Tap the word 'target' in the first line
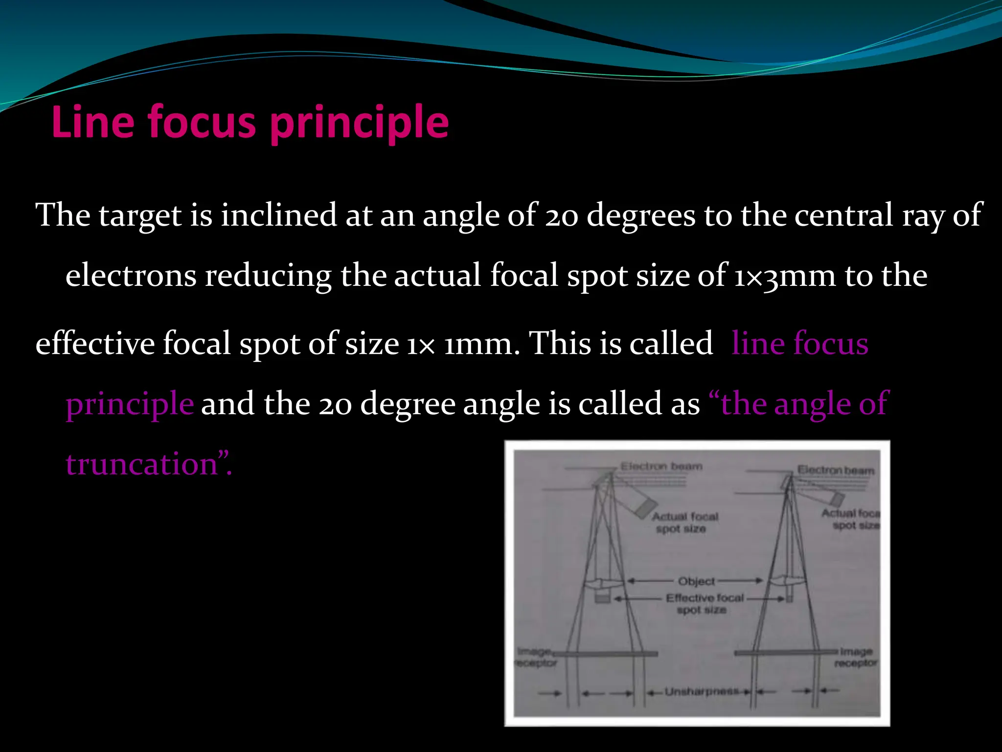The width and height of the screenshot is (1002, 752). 140,215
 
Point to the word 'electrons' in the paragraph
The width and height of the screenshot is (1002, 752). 131,275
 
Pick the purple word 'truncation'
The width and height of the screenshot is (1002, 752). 142,464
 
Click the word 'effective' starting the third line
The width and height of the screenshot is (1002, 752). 95,343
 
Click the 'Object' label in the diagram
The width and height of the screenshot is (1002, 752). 696,581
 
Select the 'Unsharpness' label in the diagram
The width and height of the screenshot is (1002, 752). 702,691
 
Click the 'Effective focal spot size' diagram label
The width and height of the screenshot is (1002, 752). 704,604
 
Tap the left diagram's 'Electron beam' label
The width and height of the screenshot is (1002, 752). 661,466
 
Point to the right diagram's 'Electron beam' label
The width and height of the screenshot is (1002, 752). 836,470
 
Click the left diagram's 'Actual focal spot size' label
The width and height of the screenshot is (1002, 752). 684,522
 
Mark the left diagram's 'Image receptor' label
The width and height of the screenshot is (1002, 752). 536,657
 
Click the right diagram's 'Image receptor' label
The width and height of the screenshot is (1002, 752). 856,657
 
